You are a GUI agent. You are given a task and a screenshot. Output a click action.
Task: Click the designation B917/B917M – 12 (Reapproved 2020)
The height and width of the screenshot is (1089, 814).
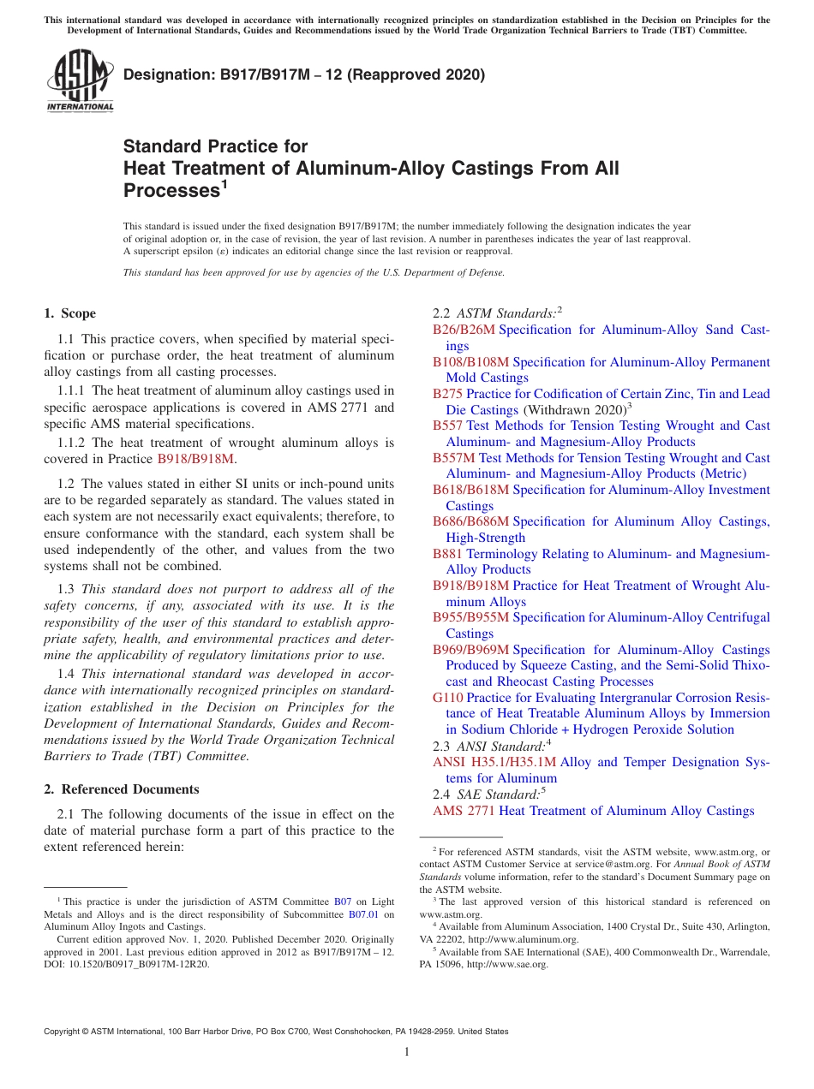[x=304, y=74]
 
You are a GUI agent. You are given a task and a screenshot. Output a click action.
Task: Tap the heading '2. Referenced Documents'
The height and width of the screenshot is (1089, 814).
[x=122, y=789]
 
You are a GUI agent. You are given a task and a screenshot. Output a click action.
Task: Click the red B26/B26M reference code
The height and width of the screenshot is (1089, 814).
[x=464, y=330]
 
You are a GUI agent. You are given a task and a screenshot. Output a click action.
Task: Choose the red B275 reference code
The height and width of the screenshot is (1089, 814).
[x=447, y=394]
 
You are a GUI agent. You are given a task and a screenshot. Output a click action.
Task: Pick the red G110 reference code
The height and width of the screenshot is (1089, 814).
[x=447, y=698]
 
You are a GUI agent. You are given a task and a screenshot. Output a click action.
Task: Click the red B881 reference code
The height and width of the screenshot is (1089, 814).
[x=447, y=554]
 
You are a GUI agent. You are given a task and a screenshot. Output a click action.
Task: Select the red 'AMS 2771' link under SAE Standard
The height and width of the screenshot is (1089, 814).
[x=464, y=811]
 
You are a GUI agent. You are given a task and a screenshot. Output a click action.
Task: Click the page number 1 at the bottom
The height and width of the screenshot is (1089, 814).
[x=407, y=1053]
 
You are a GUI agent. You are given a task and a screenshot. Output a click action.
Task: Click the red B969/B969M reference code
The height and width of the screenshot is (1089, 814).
[x=470, y=650]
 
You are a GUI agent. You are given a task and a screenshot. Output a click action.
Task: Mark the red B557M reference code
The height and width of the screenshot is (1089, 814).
[x=453, y=458]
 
